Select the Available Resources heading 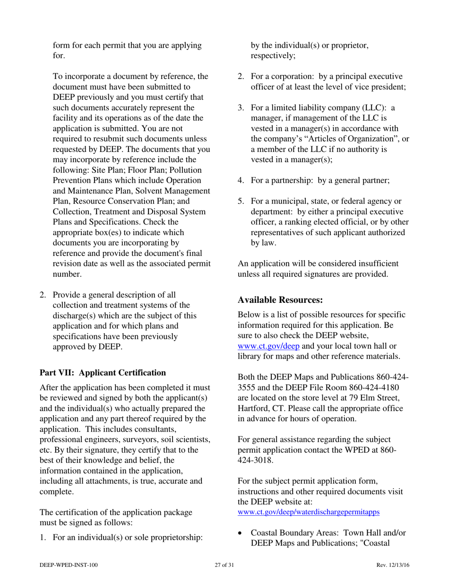point(280,300)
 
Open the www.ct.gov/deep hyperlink point(268,345)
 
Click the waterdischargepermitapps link point(308,512)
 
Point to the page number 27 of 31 point(224,565)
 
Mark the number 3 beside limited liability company point(241,108)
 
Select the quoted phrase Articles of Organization point(353,139)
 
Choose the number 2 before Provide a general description point(43,295)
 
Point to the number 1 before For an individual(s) point(43,538)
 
